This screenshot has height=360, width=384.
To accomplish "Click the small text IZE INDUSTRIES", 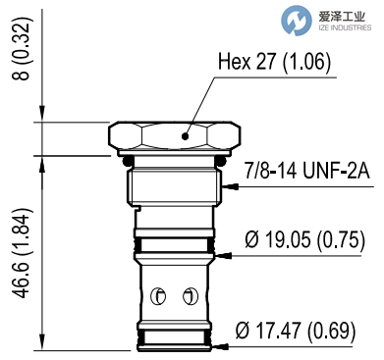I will tap(339, 27).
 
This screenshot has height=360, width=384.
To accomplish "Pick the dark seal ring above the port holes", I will tap(173, 242).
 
